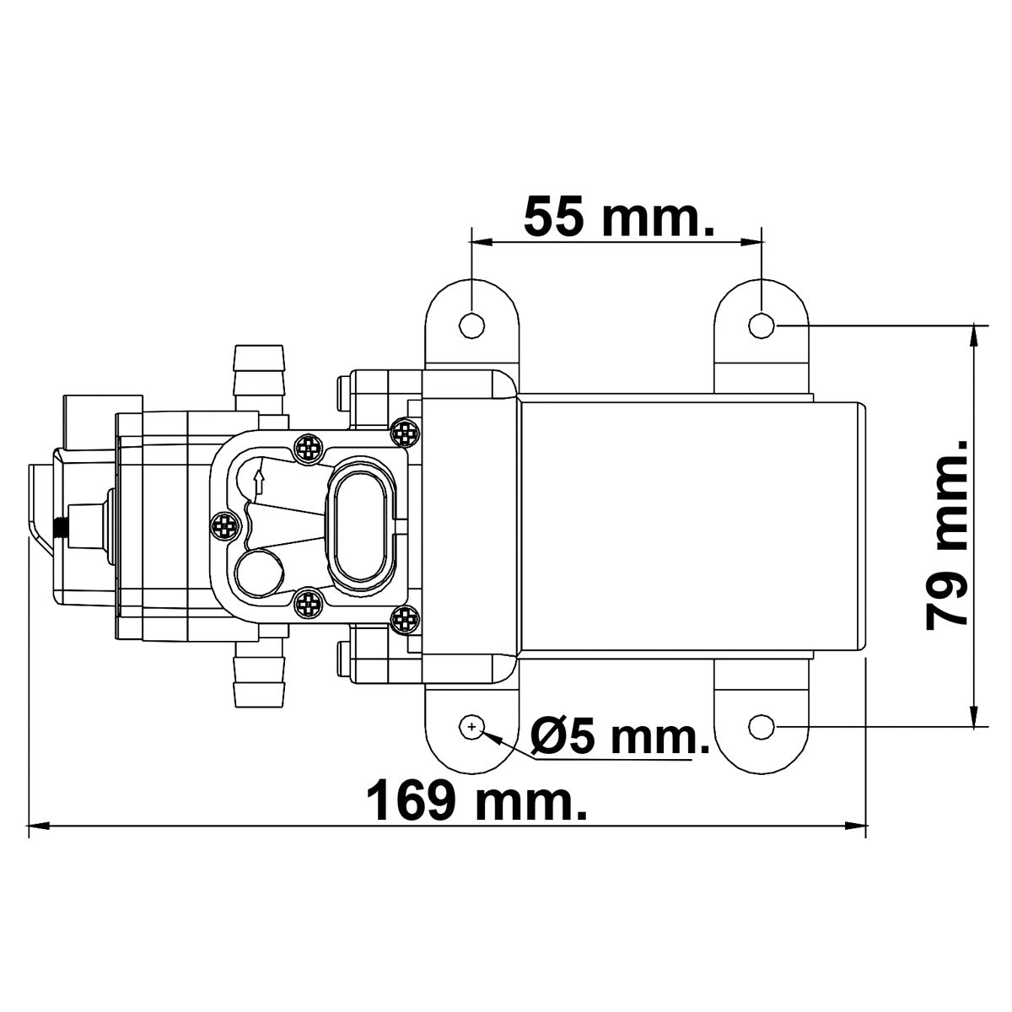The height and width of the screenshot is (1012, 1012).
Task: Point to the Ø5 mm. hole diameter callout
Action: pyautogui.click(x=619, y=739)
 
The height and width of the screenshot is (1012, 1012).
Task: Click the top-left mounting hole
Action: pyautogui.click(x=472, y=324)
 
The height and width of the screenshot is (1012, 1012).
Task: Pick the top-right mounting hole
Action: pyautogui.click(x=762, y=324)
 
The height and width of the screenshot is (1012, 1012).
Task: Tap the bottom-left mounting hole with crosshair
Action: pyautogui.click(x=471, y=726)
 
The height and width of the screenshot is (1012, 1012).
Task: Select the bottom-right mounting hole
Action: pyautogui.click(x=762, y=726)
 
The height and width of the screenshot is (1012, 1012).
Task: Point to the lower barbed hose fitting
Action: pyautogui.click(x=258, y=674)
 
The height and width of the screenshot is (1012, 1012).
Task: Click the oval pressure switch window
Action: pyautogui.click(x=361, y=525)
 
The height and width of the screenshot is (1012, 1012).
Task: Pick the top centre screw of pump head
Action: pyautogui.click(x=310, y=448)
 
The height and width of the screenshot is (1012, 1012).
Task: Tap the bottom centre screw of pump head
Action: pyautogui.click(x=310, y=603)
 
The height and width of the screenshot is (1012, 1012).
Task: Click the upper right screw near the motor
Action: pyautogui.click(x=406, y=433)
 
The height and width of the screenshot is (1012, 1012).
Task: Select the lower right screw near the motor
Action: pyautogui.click(x=406, y=619)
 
